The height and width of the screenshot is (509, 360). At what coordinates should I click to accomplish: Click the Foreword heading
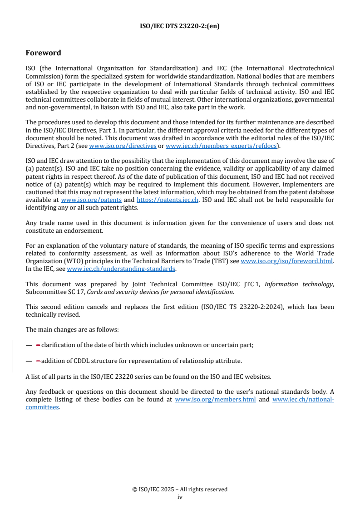[44, 53]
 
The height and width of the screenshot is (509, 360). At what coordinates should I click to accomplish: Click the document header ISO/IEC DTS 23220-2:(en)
[179, 26]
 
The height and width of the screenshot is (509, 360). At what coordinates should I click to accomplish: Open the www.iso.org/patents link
[91, 200]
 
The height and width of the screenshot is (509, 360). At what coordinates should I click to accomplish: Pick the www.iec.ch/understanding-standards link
[121, 269]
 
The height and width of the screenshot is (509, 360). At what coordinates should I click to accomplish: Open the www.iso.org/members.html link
[215, 400]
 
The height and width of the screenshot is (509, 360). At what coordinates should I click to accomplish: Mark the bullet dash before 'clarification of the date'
[29, 345]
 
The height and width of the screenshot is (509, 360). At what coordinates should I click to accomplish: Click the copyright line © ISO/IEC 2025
[179, 489]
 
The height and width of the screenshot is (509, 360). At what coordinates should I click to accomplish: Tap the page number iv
[180, 497]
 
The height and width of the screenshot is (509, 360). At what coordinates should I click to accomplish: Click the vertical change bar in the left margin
[13, 356]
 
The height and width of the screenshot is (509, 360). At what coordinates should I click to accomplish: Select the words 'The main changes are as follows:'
[72, 329]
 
